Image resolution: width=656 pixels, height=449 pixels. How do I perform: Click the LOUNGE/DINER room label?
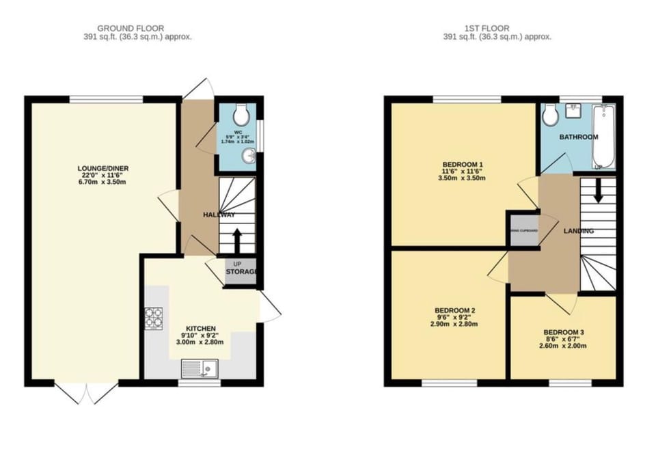click(104, 168)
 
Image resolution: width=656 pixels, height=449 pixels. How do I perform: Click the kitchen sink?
click(199, 370)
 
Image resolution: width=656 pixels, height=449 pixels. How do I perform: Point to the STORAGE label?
click(241, 272)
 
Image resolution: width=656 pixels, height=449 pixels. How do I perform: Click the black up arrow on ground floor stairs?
click(237, 240)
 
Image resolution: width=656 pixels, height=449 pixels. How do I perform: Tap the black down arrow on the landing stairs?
click(598, 191)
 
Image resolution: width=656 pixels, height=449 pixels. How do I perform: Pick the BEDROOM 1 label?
click(463, 165)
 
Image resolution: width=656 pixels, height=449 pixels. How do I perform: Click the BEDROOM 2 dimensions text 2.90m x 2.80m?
click(454, 323)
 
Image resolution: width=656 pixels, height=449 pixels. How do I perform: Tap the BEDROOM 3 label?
click(564, 333)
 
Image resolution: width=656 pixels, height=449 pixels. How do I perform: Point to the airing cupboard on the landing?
click(523, 230)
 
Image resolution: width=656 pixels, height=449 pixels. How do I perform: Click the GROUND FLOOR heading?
click(131, 28)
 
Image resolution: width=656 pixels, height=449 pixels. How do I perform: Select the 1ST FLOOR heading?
click(487, 28)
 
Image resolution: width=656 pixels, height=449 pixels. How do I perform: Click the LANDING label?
click(578, 231)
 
